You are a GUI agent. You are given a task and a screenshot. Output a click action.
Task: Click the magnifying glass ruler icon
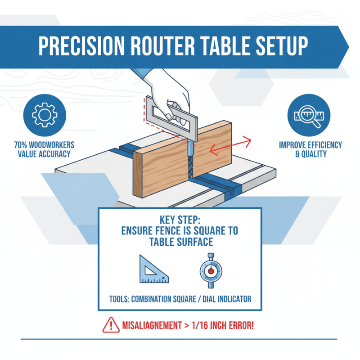click(x=310, y=114)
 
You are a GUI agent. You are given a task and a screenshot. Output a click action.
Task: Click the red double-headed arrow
click(x=230, y=146)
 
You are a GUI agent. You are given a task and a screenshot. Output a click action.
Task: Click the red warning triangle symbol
click(x=109, y=324)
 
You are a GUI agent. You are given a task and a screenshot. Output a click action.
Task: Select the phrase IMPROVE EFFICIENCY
click(x=310, y=145)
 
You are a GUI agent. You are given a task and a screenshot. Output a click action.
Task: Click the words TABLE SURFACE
click(x=180, y=242)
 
